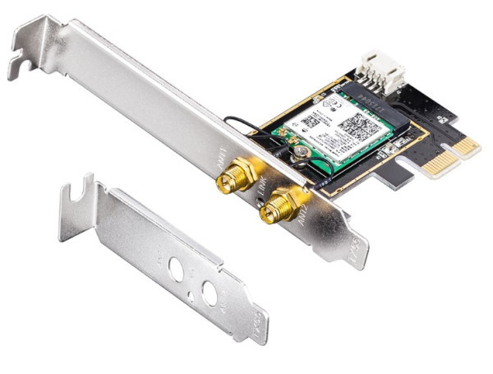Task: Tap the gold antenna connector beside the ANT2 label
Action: (278, 205)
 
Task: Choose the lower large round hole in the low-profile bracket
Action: (210, 293)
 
